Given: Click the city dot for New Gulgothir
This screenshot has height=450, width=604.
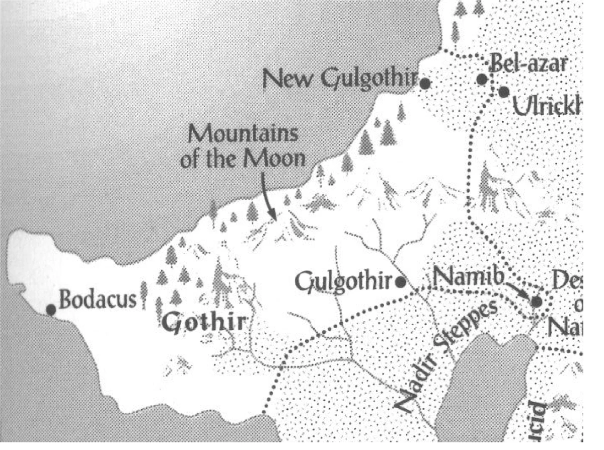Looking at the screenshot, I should tap(425, 84).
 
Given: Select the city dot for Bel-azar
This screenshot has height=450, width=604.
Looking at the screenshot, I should tap(482, 79).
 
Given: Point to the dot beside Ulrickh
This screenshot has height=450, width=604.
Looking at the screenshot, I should tap(503, 92).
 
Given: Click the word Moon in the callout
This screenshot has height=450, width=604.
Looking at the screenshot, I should tap(281, 160).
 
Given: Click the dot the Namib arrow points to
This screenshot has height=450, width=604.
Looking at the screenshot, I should tap(536, 302).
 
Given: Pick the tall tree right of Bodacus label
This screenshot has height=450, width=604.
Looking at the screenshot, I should tap(144, 294).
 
